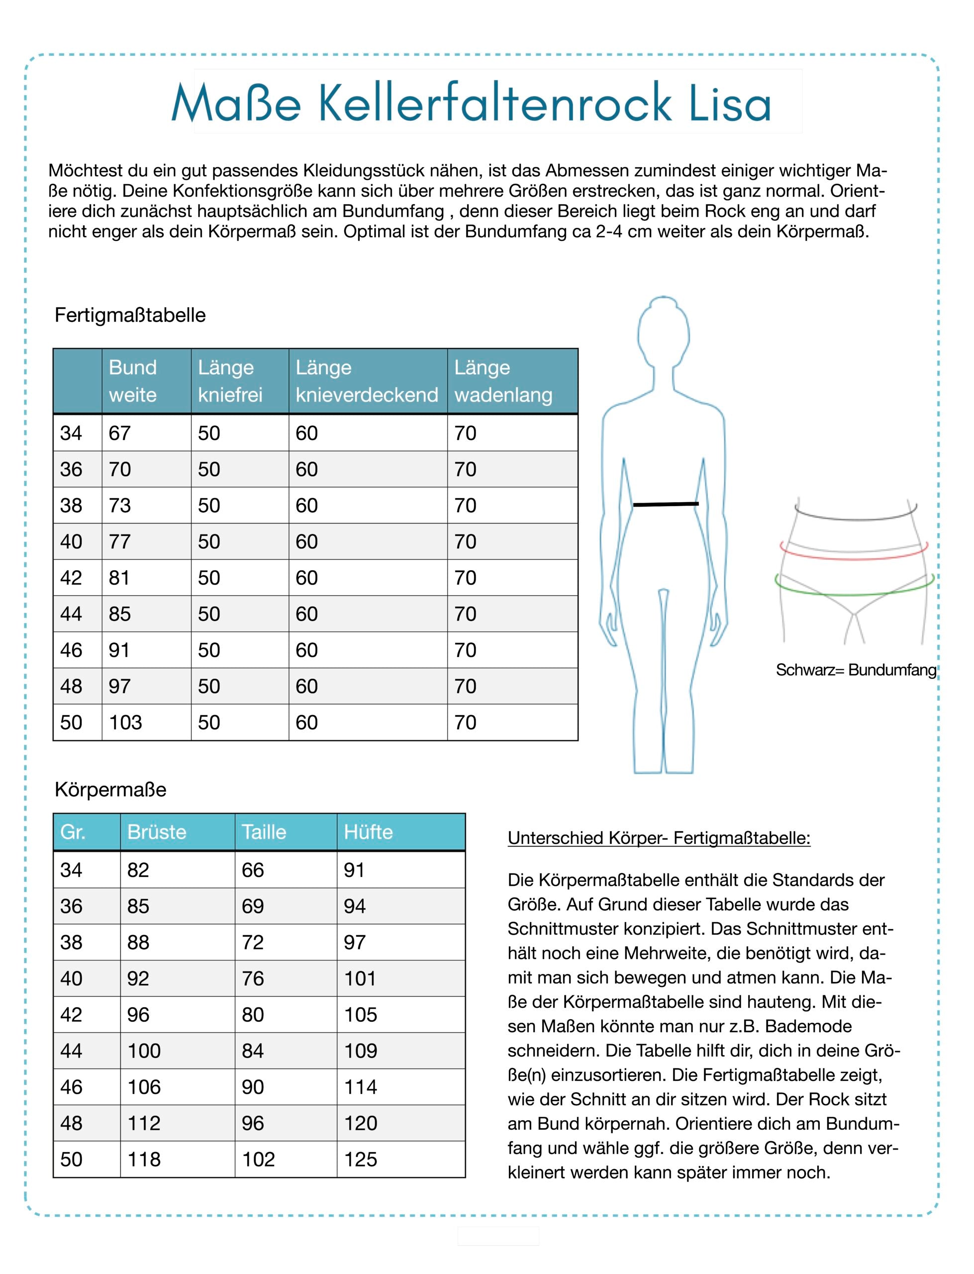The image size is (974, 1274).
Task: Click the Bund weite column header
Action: (x=133, y=381)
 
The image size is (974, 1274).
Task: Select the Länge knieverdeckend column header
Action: (x=367, y=381)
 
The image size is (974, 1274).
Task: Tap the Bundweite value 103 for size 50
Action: (x=125, y=723)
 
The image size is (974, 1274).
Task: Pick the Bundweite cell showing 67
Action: (x=119, y=433)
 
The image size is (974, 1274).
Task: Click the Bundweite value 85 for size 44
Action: (x=119, y=614)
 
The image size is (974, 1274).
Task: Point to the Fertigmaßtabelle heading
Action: (x=130, y=315)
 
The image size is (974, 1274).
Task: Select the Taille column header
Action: (x=264, y=832)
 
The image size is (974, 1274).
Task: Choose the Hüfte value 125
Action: (x=361, y=1159)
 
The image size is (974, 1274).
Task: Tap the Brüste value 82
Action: (x=138, y=870)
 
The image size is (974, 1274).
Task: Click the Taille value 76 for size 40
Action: (x=253, y=978)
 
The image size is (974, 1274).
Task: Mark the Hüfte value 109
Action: (x=361, y=1051)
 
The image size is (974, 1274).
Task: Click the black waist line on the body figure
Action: (x=666, y=505)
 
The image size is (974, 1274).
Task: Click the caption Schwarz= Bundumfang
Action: (x=856, y=670)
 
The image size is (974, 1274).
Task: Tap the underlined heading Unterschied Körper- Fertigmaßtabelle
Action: (x=659, y=838)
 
